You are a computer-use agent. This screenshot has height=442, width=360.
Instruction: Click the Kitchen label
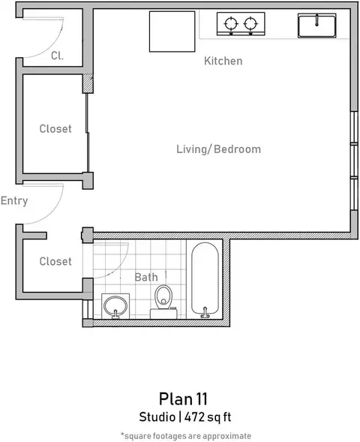(223, 61)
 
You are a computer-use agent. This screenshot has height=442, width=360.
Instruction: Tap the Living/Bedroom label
(218, 149)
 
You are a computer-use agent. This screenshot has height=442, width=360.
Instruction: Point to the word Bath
(146, 277)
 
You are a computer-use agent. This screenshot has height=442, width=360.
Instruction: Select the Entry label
(14, 201)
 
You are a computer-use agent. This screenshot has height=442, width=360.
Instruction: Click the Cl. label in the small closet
(57, 56)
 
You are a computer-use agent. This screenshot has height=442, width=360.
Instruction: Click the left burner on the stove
(231, 24)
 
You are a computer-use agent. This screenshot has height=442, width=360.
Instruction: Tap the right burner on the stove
(250, 24)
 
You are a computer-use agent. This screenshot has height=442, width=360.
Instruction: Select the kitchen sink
(317, 26)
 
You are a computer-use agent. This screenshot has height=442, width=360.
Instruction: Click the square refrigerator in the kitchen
(172, 32)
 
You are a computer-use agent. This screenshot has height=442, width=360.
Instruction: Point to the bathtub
(205, 279)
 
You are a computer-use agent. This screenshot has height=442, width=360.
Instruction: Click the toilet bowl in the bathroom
(163, 296)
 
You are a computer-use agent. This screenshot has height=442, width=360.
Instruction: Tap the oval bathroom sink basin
(115, 306)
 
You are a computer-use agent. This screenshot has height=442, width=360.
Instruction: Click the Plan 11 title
(183, 399)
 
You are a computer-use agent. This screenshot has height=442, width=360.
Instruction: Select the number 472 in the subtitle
(195, 417)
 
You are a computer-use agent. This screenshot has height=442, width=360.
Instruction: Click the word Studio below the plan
(157, 417)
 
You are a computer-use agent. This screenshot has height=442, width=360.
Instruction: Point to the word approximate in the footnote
(226, 436)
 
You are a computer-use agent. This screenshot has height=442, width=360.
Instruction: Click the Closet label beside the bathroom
(55, 261)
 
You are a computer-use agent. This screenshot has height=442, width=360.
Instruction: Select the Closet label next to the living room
(55, 129)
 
